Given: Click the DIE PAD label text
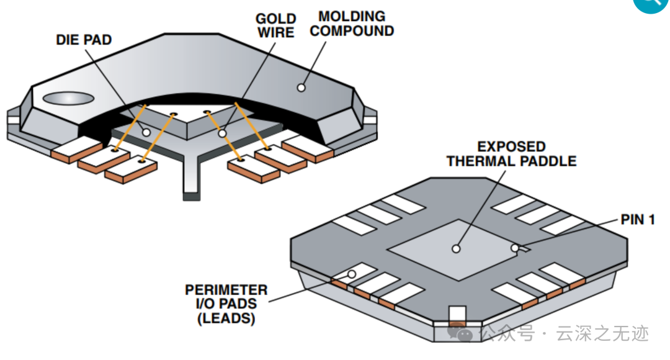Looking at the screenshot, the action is point(84,40).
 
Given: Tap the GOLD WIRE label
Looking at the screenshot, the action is point(276,25).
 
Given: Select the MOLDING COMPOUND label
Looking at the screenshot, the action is point(352,24).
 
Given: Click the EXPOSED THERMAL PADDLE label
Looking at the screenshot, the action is point(511,154).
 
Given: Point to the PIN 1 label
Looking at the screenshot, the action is point(638,220).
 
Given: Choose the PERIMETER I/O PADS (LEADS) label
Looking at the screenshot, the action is point(226,304).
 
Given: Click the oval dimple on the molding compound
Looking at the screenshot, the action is point(68,98).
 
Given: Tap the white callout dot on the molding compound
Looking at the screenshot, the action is point(301,88).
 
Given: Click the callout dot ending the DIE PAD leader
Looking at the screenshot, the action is point(146,133).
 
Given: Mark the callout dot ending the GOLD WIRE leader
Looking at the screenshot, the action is point(222,134).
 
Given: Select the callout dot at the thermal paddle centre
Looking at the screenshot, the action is point(456,248).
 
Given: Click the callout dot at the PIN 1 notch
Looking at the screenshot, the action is point(515,248).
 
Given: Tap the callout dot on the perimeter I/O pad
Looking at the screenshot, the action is point(352,274).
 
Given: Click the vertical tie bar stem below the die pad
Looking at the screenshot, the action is point(190,175).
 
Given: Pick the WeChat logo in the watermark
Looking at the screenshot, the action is point(460,332).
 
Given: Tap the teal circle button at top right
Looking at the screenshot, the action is point(651,5).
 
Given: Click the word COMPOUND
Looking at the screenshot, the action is point(352,31).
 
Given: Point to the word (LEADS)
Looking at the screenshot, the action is point(226,318).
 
